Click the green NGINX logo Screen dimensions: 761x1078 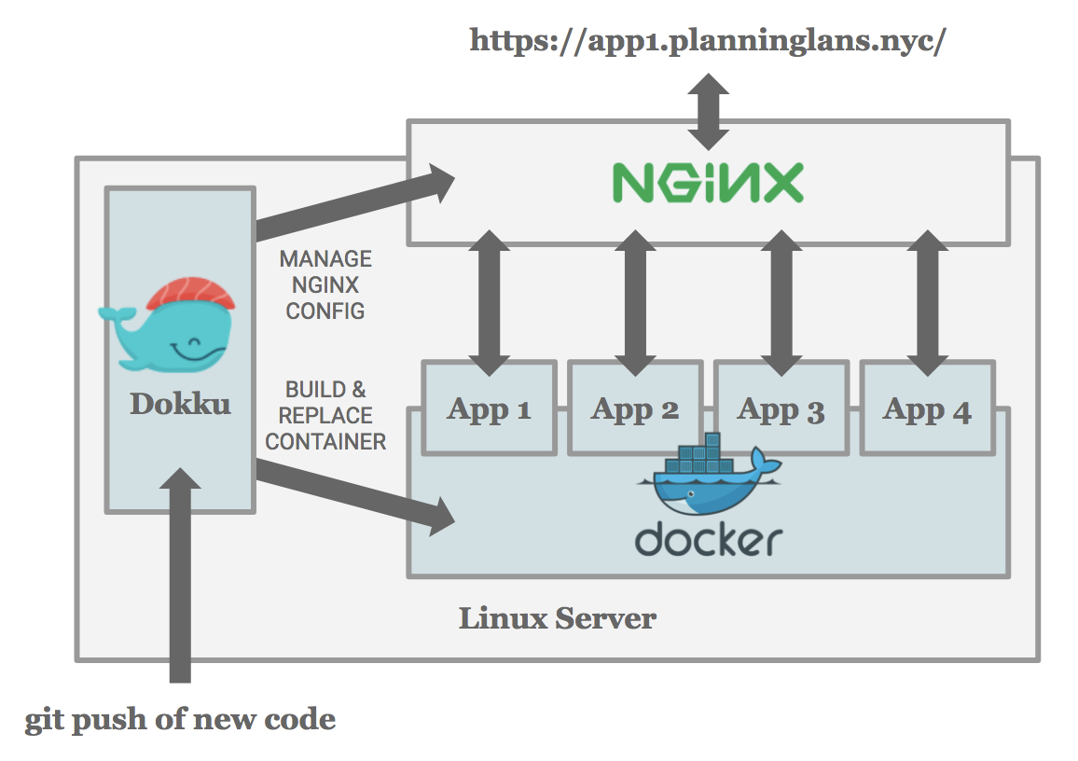(x=707, y=183)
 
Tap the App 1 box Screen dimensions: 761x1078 (x=489, y=408)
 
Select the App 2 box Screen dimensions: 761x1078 (x=634, y=408)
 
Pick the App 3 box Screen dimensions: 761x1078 (x=781, y=408)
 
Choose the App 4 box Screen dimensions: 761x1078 (x=926, y=408)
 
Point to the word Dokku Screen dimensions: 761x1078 (x=179, y=403)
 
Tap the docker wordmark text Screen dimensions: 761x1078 (x=708, y=539)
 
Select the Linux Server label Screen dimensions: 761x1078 (x=557, y=617)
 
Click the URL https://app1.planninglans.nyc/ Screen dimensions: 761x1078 (x=708, y=40)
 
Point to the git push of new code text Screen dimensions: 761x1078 (x=180, y=719)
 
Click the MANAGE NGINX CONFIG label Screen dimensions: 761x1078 (x=325, y=284)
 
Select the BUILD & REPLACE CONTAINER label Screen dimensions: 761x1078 (x=325, y=415)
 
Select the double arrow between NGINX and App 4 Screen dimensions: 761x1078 (x=926, y=303)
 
